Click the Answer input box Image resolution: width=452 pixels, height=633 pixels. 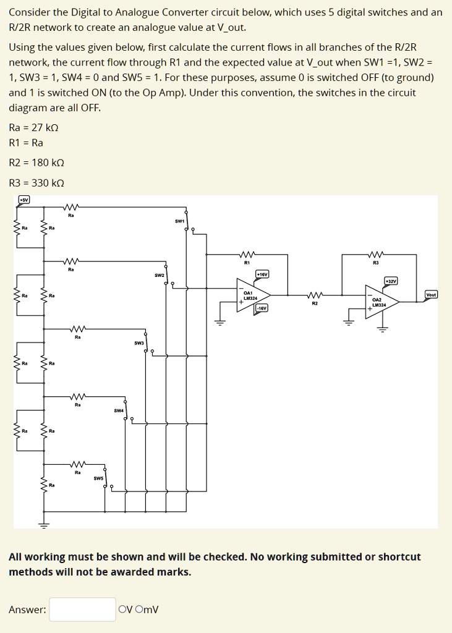pos(82,610)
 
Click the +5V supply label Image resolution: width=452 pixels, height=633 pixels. pos(23,200)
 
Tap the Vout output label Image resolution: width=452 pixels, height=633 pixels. pos(431,294)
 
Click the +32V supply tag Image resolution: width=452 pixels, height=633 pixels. pos(391,281)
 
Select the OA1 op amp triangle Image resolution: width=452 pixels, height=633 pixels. pos(252,295)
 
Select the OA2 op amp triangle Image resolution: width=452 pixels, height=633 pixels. pos(380,302)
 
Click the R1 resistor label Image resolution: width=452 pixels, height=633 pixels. pos(247,263)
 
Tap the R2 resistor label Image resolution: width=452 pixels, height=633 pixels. pos(315,304)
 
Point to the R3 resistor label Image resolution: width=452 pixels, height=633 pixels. pos(375,263)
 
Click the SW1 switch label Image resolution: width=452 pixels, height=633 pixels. pos(180,221)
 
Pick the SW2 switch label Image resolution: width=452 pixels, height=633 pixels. pos(160,274)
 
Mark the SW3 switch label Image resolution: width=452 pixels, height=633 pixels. pos(139,342)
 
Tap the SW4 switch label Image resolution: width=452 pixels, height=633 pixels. pos(119,410)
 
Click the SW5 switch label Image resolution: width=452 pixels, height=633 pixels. pos(98,478)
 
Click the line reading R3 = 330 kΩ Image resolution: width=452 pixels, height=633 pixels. pos(36,183)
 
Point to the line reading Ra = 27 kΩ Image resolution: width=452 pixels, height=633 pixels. pos(34,128)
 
